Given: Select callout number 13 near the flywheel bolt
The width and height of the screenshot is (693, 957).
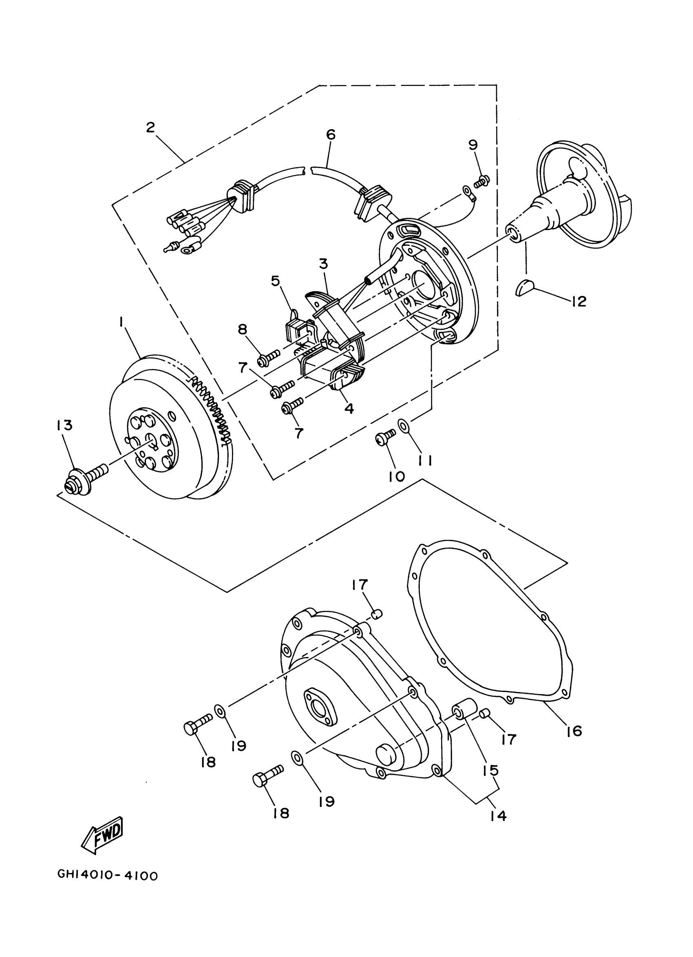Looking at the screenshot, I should coord(63,425).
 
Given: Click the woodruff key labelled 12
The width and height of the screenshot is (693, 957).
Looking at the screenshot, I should coord(525,288).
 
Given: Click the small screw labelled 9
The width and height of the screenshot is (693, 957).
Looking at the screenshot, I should coord(481,182).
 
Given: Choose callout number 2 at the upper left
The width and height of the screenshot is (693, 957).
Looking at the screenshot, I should coord(150,127).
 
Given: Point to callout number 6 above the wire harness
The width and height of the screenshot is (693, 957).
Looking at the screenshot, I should coord(331,135).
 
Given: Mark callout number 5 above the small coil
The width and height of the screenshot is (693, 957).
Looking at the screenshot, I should coord(275,281).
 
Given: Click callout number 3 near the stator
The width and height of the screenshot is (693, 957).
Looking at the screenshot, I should coord(323,264).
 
